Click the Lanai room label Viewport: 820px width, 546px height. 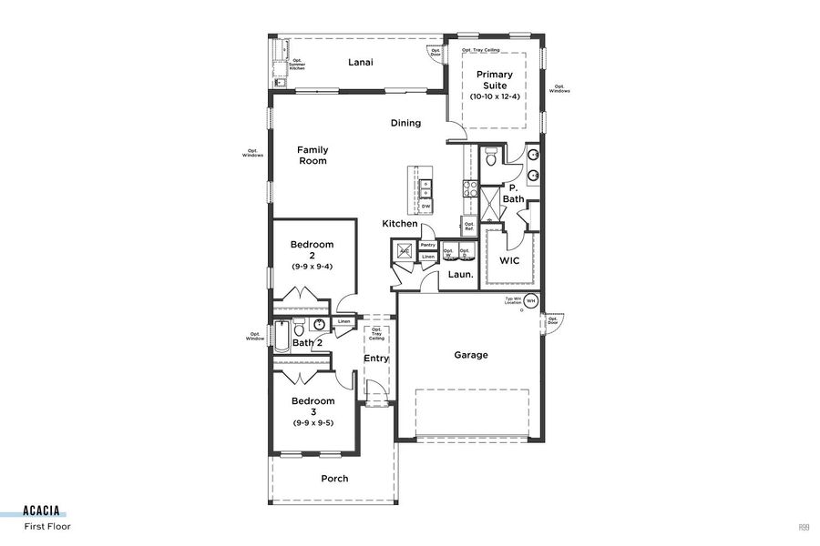click(x=362, y=63)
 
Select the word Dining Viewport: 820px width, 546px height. click(x=405, y=123)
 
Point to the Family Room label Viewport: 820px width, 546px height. click(x=313, y=156)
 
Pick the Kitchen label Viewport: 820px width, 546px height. click(x=400, y=224)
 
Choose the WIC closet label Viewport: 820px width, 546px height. click(x=508, y=260)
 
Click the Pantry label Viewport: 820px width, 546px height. click(x=427, y=245)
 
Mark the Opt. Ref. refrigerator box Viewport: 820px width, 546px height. click(x=468, y=225)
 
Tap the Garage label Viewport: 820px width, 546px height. click(x=471, y=355)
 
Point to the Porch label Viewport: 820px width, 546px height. click(x=334, y=479)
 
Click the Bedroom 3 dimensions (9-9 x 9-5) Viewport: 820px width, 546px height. click(x=313, y=422)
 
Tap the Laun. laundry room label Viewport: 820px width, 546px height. click(x=459, y=274)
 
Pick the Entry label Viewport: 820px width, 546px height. click(x=376, y=359)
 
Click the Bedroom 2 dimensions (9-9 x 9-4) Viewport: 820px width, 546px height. click(x=313, y=267)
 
